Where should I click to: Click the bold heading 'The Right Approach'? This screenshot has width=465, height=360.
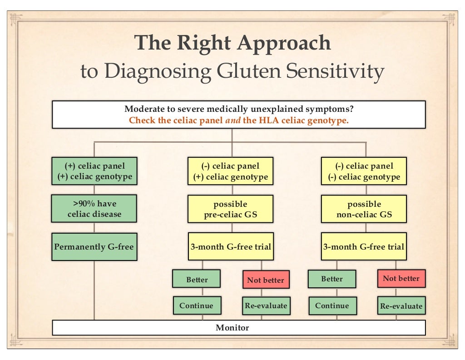point(232,43)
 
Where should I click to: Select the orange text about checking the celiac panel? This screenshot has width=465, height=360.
point(238,120)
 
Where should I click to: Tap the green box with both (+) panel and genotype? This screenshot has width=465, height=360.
point(94,171)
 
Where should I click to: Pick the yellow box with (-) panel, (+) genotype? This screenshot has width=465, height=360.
point(231,171)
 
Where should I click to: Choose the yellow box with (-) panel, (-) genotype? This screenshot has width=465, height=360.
point(364,171)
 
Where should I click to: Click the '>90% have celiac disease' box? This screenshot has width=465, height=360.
point(94,209)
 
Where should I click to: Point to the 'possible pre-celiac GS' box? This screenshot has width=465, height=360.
point(231,209)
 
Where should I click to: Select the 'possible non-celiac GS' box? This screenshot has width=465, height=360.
point(364,209)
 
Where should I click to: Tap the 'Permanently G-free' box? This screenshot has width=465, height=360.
point(94,247)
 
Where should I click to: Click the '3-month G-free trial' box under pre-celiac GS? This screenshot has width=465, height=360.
point(231,247)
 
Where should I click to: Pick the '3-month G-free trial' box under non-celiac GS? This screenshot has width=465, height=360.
point(364,247)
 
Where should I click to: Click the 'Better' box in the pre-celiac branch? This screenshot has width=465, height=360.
point(197,279)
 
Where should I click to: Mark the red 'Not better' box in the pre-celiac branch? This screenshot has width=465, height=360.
point(265,280)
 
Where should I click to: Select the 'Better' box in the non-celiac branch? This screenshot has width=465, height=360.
point(331,279)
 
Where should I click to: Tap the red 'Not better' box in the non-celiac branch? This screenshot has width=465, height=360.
point(401,278)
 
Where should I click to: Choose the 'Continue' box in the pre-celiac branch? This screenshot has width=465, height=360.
point(196,305)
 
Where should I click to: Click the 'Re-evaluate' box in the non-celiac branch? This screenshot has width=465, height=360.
point(401,306)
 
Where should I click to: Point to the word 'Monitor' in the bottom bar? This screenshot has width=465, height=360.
point(232,327)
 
